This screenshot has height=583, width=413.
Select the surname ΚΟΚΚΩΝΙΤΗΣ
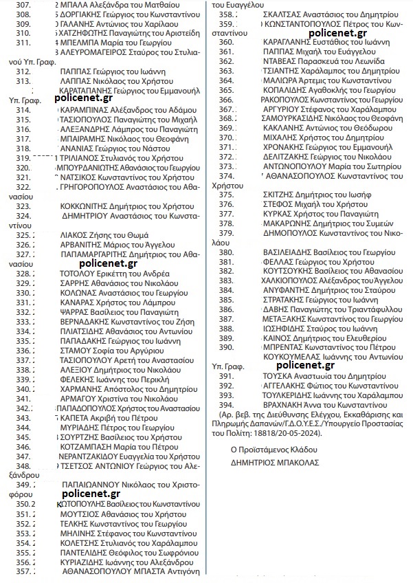(x=87, y=206)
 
